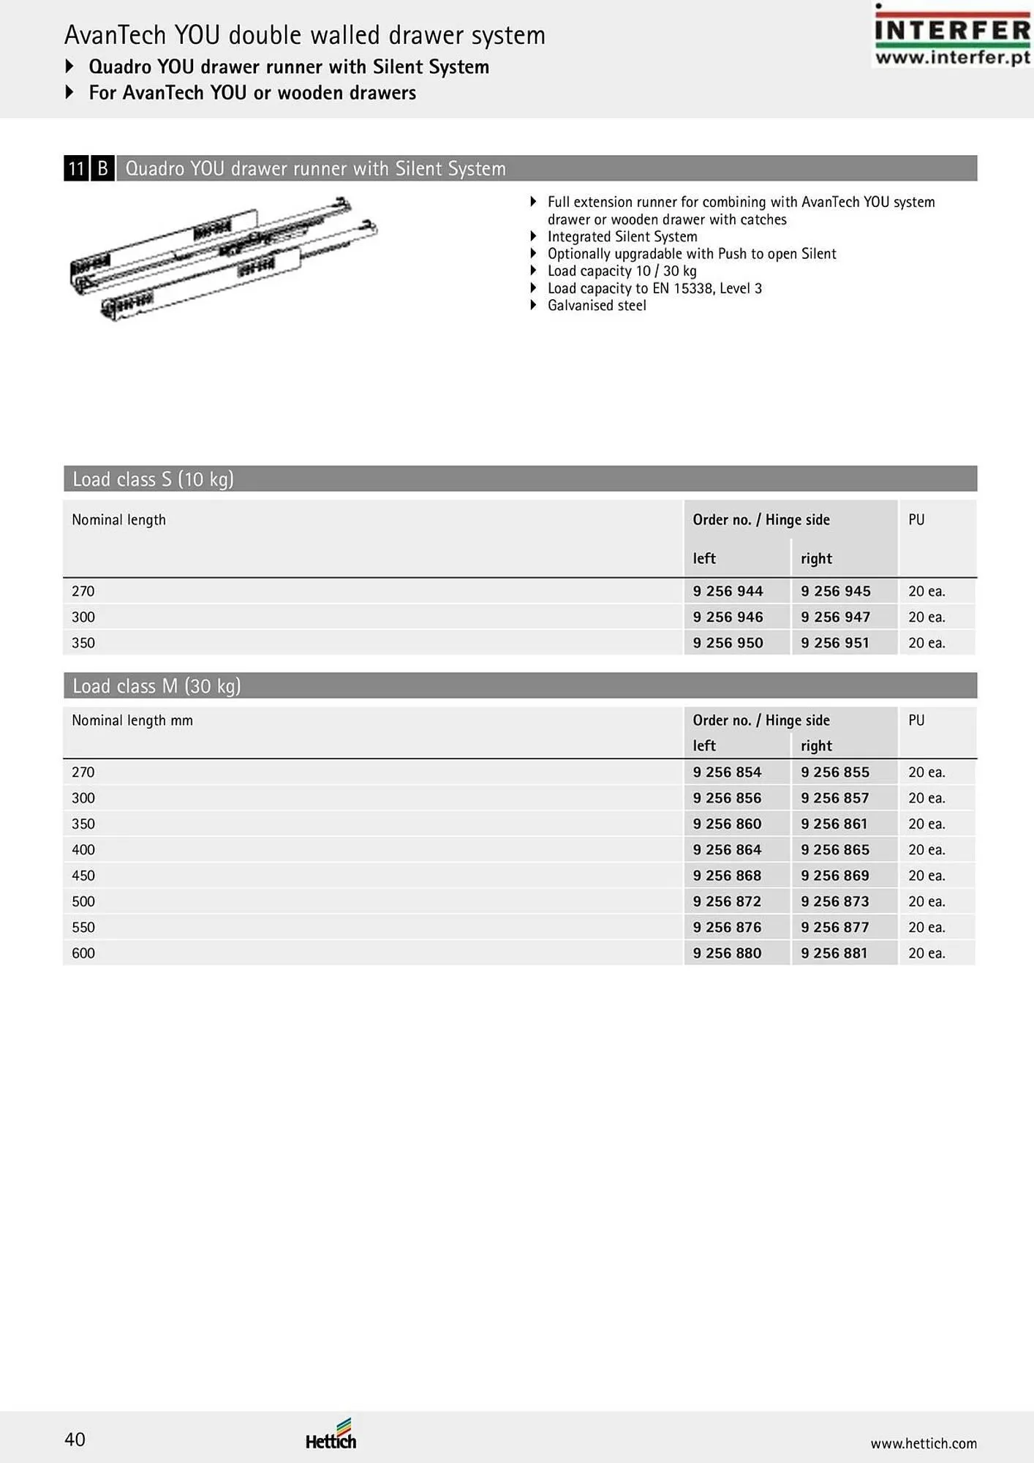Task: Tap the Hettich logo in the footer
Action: tap(331, 1436)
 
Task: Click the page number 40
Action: tap(75, 1440)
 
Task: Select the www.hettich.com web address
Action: tap(923, 1443)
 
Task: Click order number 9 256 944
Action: tap(728, 591)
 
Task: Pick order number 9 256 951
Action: tap(835, 643)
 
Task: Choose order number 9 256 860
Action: tap(728, 824)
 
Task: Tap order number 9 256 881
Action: tap(834, 953)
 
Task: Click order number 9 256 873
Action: tap(834, 901)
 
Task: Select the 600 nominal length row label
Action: tap(83, 953)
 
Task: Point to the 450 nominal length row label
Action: tap(83, 876)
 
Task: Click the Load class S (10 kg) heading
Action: tap(153, 479)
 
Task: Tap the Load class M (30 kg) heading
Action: tap(156, 686)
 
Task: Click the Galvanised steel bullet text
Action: tap(597, 306)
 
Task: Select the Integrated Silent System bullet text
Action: tap(622, 236)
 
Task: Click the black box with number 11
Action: tap(76, 169)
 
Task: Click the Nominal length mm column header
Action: tap(132, 721)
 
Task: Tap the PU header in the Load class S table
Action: tap(916, 520)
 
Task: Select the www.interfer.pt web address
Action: tap(952, 58)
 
